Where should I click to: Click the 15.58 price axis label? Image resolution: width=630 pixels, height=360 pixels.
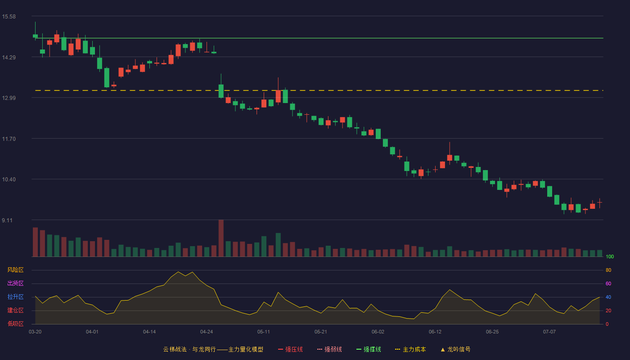click(x=9, y=17)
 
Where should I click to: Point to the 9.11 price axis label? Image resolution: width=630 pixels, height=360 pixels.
click(x=7, y=220)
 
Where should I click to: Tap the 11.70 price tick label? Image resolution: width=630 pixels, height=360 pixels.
click(x=9, y=139)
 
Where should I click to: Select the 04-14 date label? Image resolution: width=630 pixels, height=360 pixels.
click(x=149, y=332)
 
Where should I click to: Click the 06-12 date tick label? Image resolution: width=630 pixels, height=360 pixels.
click(x=435, y=332)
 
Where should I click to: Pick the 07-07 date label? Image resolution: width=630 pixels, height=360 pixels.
click(x=549, y=332)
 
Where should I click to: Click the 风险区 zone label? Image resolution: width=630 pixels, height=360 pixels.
click(x=15, y=270)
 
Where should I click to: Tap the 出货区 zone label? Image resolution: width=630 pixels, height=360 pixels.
click(x=15, y=283)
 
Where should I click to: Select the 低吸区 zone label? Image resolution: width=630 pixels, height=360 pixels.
click(x=15, y=324)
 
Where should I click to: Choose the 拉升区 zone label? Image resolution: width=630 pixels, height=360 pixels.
click(x=15, y=297)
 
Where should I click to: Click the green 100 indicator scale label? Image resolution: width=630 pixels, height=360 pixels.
click(x=610, y=256)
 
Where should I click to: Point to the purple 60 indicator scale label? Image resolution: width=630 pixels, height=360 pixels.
click(x=608, y=283)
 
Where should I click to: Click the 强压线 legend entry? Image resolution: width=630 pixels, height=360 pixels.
click(x=291, y=349)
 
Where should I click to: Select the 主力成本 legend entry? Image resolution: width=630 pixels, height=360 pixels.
click(x=410, y=349)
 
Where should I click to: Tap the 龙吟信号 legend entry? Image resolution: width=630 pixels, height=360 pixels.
click(x=455, y=349)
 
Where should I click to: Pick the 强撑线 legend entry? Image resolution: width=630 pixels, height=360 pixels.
click(x=369, y=349)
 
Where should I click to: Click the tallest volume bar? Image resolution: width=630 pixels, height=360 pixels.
click(x=221, y=238)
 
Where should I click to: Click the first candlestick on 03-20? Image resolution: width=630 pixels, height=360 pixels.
click(x=35, y=36)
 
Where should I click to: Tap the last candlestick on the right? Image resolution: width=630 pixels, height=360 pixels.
click(x=599, y=202)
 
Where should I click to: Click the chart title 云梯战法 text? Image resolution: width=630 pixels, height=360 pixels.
click(x=175, y=349)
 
